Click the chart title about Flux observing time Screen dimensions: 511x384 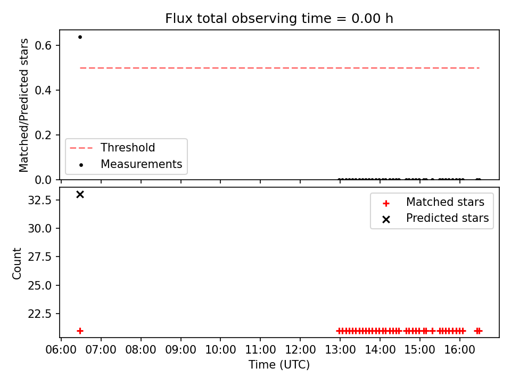pos(279,18)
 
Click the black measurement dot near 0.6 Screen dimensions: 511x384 pos(80,37)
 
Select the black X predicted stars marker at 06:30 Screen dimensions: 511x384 pos(80,194)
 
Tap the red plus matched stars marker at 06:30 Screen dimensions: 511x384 pos(80,331)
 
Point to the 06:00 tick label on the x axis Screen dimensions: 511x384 pos(61,350)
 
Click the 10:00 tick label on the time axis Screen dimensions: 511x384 pos(220,350)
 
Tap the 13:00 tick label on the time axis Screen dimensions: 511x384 pos(340,350)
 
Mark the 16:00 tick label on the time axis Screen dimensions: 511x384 pos(459,350)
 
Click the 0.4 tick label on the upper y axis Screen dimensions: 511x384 pos(43,90)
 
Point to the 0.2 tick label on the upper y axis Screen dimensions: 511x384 pos(43,135)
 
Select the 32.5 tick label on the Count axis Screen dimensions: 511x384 pos(40,200)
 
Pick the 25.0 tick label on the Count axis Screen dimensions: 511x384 pos(40,285)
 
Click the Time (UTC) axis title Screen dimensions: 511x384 pos(279,364)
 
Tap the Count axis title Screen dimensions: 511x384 pos(17,263)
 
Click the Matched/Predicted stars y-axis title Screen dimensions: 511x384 pos(23,105)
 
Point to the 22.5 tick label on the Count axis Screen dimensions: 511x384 pos(40,314)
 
